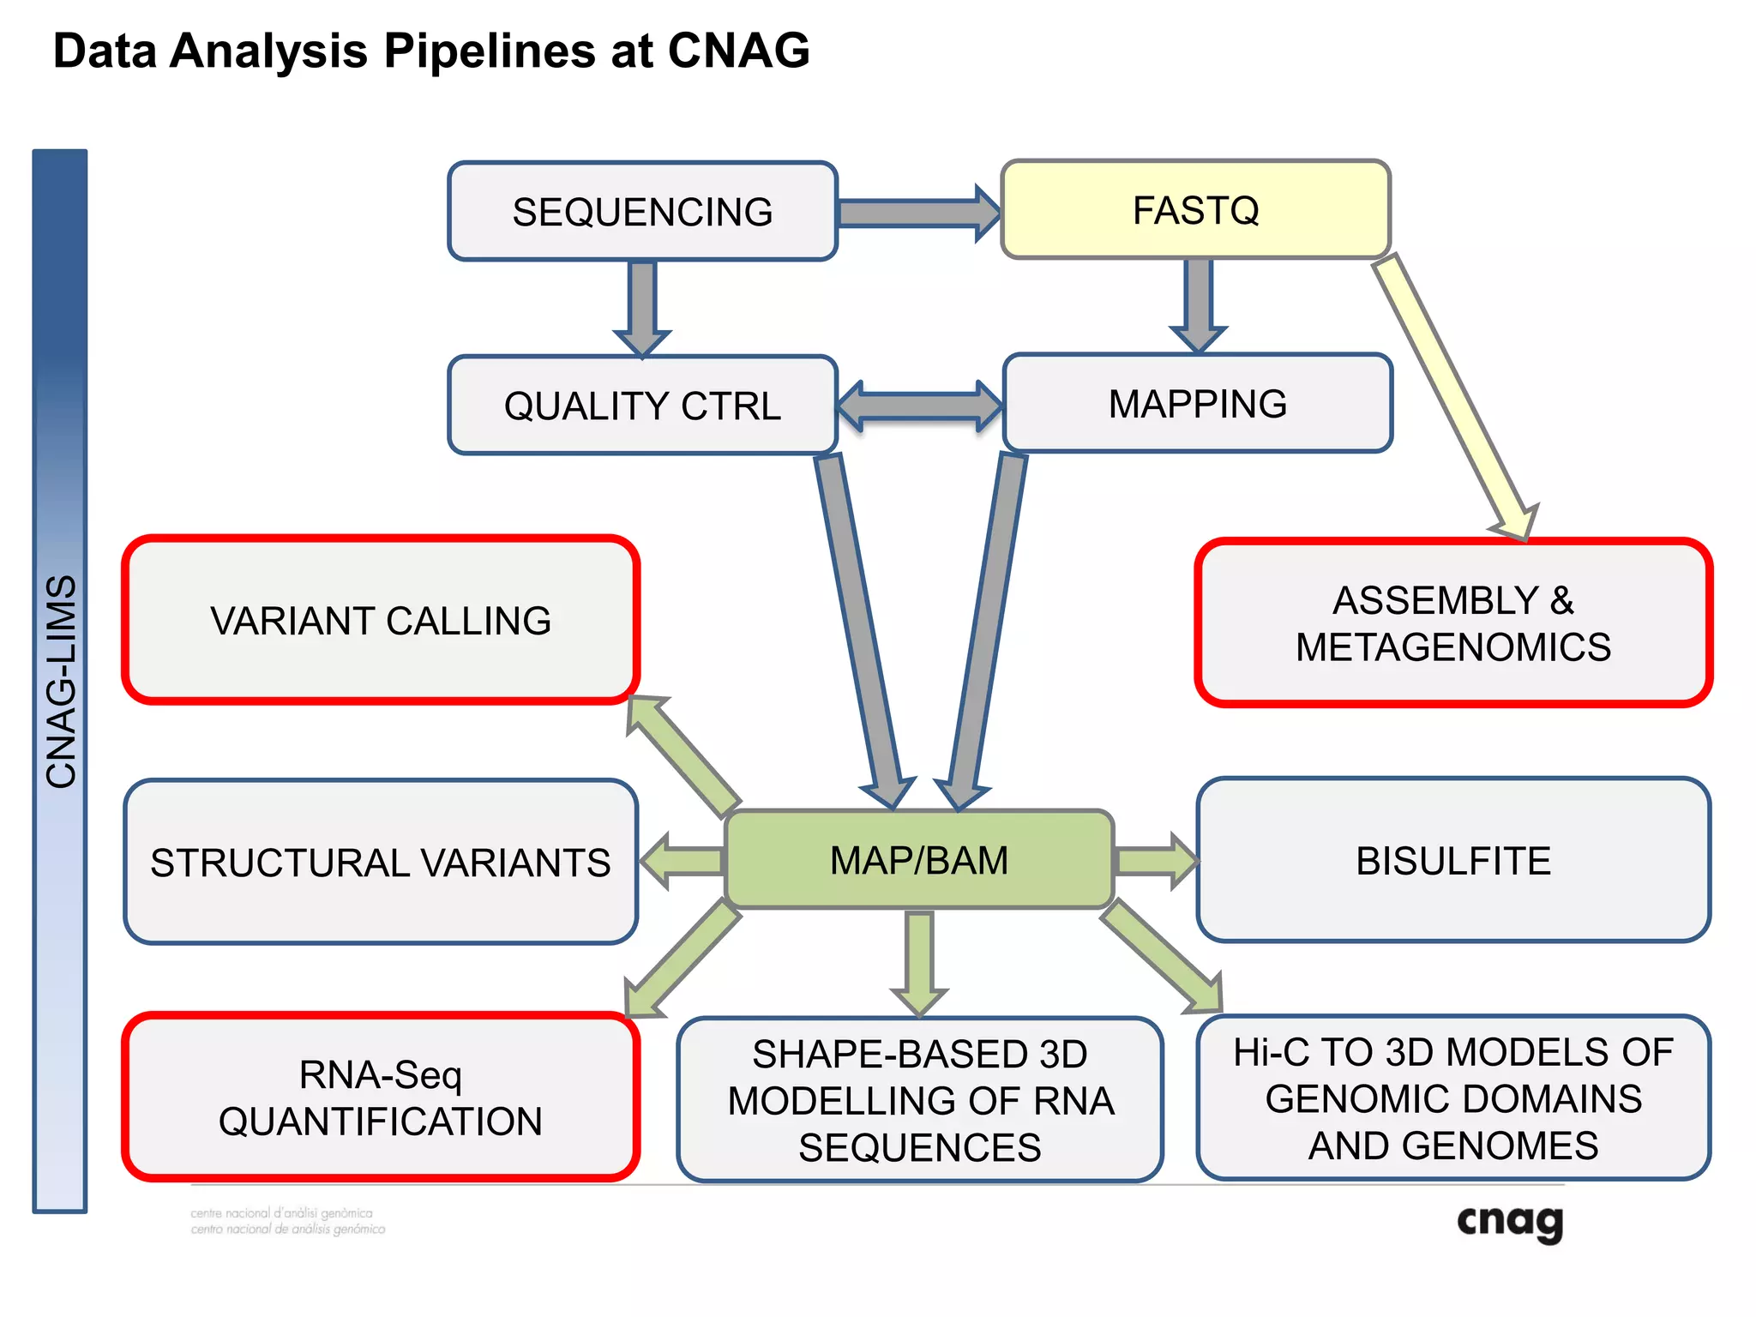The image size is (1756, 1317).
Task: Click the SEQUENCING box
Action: [642, 211]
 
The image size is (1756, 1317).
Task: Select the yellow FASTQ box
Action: [1195, 210]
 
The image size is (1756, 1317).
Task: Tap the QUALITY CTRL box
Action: [642, 405]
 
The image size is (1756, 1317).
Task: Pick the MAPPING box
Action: [1197, 403]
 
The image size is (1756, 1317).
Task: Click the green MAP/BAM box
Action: [919, 860]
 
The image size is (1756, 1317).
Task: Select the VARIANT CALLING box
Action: [381, 620]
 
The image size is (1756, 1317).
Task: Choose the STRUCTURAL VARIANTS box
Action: [381, 862]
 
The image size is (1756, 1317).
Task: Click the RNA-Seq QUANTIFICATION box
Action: [381, 1097]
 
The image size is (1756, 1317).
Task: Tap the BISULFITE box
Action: [1453, 860]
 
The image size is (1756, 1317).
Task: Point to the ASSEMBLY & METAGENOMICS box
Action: [1453, 622]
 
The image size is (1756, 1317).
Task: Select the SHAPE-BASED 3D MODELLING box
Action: [919, 1100]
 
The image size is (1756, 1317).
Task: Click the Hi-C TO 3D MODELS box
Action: [1453, 1098]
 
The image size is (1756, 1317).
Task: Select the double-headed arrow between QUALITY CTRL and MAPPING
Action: [919, 406]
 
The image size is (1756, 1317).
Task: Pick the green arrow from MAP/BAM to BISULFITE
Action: [1154, 860]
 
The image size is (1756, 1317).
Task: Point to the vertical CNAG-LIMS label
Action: [60, 682]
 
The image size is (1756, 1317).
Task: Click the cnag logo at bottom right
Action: [1510, 1222]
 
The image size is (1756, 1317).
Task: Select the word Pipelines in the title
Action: [489, 51]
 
